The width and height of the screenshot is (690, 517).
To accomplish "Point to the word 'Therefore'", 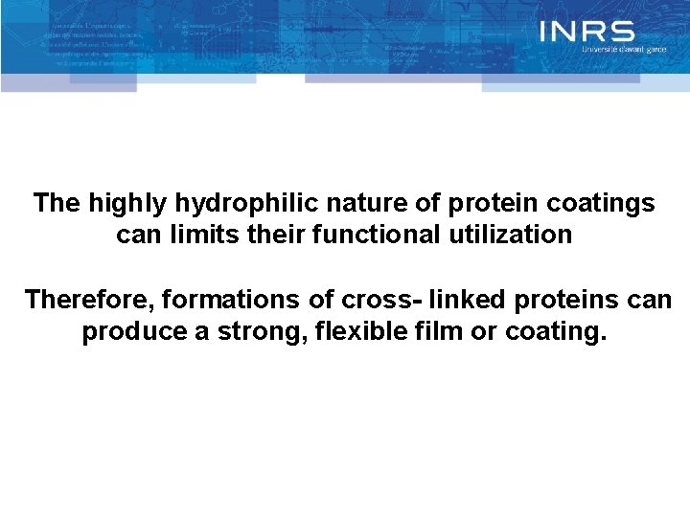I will coord(89,300).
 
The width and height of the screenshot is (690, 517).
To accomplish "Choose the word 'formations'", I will coord(232,300).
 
